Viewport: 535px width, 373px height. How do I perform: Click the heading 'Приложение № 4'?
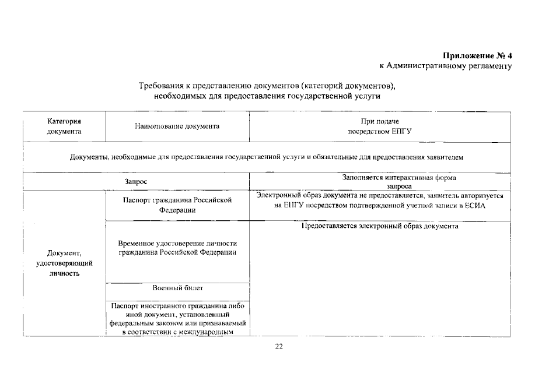[x=477, y=56]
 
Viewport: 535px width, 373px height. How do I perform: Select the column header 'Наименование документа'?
[x=177, y=126]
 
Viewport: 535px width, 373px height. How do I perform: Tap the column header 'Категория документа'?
[x=64, y=126]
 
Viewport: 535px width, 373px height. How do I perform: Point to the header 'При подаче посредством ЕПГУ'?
[x=380, y=126]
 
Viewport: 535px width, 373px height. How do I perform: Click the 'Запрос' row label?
[x=135, y=181]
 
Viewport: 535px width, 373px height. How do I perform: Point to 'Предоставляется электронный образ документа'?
[x=380, y=226]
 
